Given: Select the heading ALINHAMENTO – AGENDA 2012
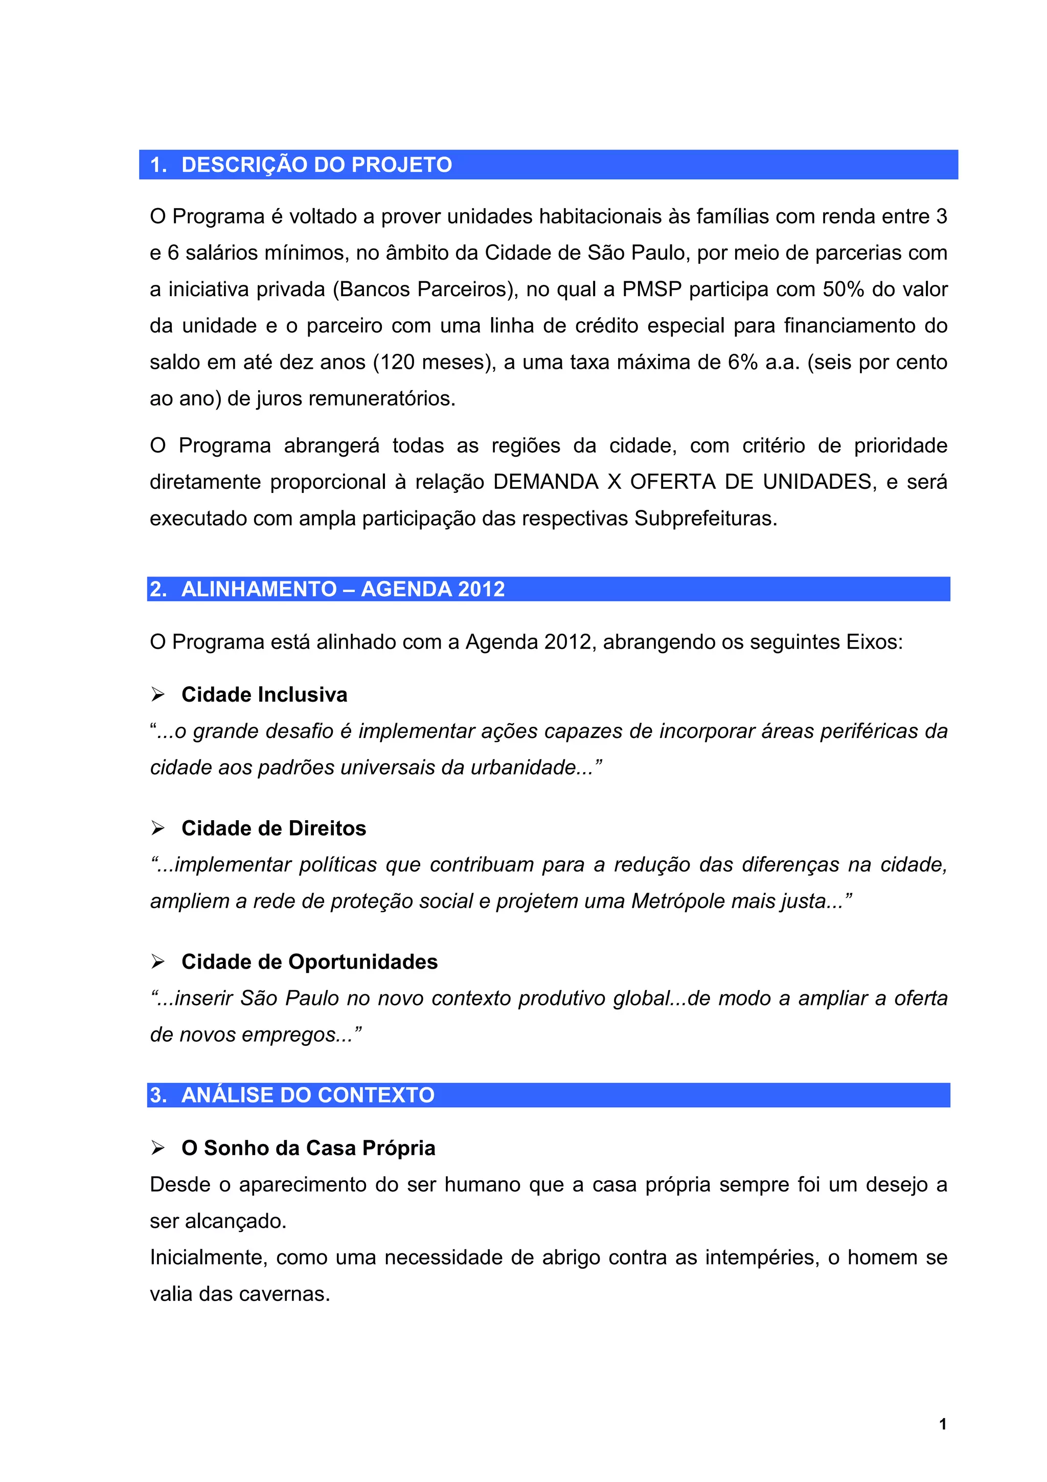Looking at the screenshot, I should [x=343, y=589].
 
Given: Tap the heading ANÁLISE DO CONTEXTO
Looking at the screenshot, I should [x=308, y=1095].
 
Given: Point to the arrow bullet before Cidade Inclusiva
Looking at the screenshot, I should [x=158, y=694].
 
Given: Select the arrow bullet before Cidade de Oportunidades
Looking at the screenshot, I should [x=158, y=962].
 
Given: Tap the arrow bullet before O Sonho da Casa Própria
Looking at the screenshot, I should [x=158, y=1148].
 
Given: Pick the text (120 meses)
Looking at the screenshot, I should [x=434, y=362].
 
